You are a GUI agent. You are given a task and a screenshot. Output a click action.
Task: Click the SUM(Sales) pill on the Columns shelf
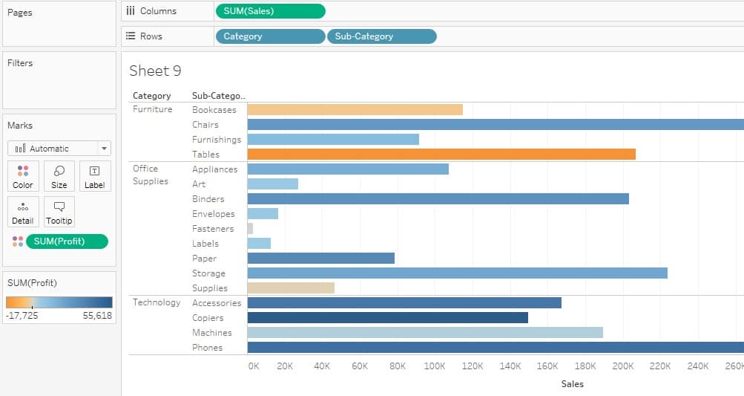pos(270,11)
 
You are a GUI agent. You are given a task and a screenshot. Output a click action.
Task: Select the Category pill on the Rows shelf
pos(270,36)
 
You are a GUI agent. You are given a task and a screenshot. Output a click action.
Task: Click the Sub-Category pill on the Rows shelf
pos(381,36)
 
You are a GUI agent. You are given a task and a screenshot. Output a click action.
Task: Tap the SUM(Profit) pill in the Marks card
pos(67,241)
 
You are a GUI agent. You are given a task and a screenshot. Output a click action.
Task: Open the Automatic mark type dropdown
pos(59,149)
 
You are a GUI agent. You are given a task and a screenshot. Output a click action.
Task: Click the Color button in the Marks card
pos(23,177)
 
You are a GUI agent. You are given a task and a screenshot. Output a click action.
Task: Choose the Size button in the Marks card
pos(59,177)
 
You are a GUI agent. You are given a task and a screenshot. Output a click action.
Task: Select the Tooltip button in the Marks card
pos(59,212)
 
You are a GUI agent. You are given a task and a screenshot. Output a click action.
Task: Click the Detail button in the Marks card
pos(23,212)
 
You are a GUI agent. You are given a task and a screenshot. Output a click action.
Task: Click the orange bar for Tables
pos(441,155)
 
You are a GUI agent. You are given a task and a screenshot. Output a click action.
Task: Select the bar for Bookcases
pos(355,110)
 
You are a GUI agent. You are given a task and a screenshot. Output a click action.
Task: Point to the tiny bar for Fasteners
pos(250,229)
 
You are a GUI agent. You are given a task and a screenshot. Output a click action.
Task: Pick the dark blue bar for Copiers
pos(387,318)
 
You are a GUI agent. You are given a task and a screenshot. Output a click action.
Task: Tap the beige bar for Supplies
pos(291,288)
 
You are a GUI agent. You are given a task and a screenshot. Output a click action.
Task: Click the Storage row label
pos(208,273)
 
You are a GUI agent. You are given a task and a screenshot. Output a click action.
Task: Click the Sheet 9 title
pos(155,71)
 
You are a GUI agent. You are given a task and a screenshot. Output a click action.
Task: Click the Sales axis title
pos(572,384)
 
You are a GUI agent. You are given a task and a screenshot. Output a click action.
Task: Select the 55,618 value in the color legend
pos(97,316)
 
